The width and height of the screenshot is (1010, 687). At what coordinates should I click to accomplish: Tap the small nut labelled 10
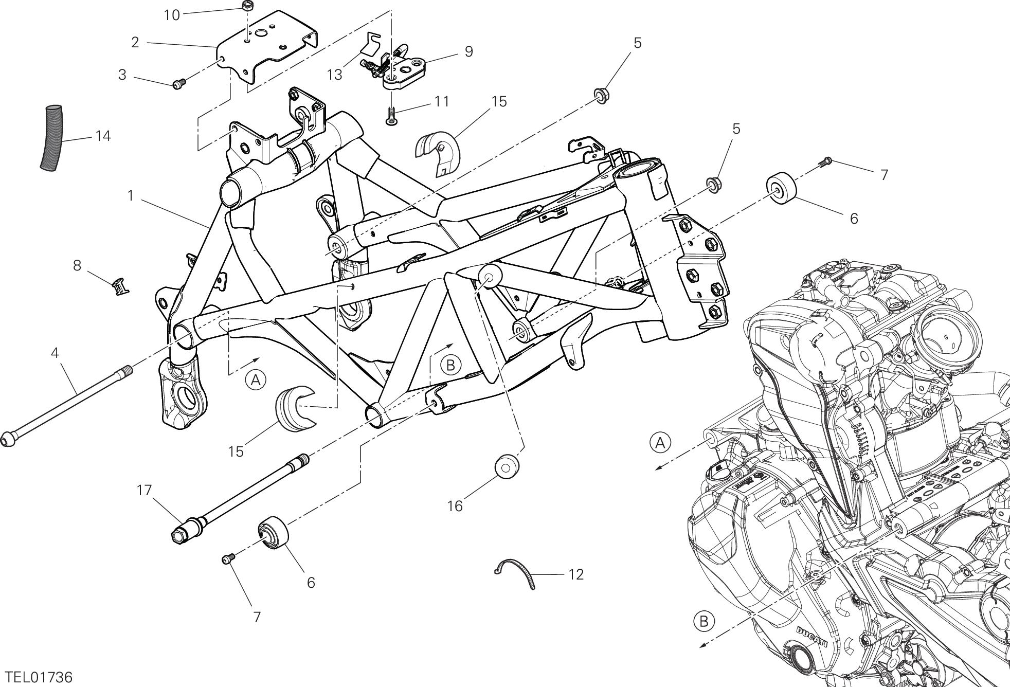(x=246, y=7)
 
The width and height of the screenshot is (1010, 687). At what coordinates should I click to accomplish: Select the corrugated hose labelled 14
(x=51, y=137)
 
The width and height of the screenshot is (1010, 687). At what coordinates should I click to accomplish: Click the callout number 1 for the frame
(x=131, y=195)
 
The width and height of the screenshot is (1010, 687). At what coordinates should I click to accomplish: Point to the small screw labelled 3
(x=178, y=83)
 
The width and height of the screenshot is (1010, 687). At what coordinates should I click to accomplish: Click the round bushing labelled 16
(x=506, y=465)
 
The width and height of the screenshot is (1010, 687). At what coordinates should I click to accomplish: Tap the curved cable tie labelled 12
(x=517, y=572)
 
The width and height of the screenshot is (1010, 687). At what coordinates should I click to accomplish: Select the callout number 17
(x=145, y=490)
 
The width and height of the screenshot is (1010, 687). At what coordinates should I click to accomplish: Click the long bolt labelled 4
(x=67, y=406)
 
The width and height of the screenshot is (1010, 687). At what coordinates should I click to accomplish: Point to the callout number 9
(x=468, y=51)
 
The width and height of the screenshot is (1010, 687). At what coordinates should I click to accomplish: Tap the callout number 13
(x=335, y=75)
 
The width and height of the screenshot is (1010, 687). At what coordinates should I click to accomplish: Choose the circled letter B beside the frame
(x=451, y=365)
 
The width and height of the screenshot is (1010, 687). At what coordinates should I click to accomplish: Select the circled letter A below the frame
(x=256, y=381)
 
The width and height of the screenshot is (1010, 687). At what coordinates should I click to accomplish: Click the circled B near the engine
(x=704, y=621)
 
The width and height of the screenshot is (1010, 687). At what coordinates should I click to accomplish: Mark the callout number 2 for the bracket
(x=135, y=42)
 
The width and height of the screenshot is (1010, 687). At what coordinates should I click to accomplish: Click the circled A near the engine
(x=661, y=442)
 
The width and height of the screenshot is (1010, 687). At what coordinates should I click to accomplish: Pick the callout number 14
(x=103, y=136)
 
